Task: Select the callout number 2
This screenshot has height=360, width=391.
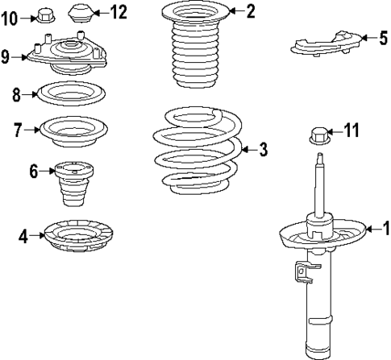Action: tap(251, 11)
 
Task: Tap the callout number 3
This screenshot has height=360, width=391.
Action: tap(262, 149)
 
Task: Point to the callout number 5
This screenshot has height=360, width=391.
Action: tap(383, 37)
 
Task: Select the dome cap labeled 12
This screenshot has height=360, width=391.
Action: tap(79, 14)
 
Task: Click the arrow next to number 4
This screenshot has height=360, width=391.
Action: tap(34, 236)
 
